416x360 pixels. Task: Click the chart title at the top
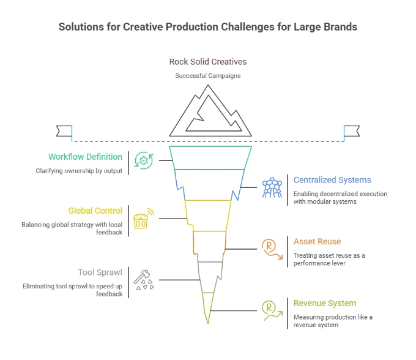click(208, 27)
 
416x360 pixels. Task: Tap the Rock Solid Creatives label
click(208, 62)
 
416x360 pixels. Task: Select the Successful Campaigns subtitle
click(208, 75)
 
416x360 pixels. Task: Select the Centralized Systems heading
click(332, 180)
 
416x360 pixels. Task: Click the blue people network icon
click(272, 187)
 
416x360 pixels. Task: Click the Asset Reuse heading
click(317, 242)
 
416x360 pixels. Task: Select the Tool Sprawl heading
click(100, 272)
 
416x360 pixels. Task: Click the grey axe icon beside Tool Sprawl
click(145, 280)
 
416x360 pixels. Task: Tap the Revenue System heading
click(324, 303)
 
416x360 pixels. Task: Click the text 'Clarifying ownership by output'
click(78, 171)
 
